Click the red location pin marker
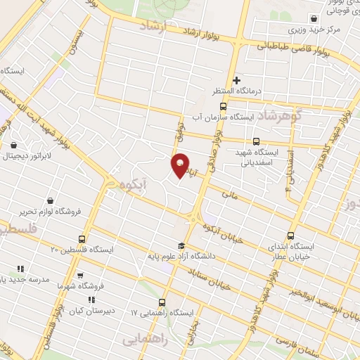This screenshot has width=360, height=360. tap(180, 165)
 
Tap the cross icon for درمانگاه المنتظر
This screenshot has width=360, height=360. tap(237, 80)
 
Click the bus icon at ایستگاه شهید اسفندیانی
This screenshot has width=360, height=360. tap(257, 141)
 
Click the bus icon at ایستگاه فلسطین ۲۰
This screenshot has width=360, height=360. tap(84, 239)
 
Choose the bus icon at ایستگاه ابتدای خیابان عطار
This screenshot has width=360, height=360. tap(291, 236)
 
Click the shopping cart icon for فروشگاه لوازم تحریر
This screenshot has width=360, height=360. tap(50, 200)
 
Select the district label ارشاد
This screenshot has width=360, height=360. tap(152, 25)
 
